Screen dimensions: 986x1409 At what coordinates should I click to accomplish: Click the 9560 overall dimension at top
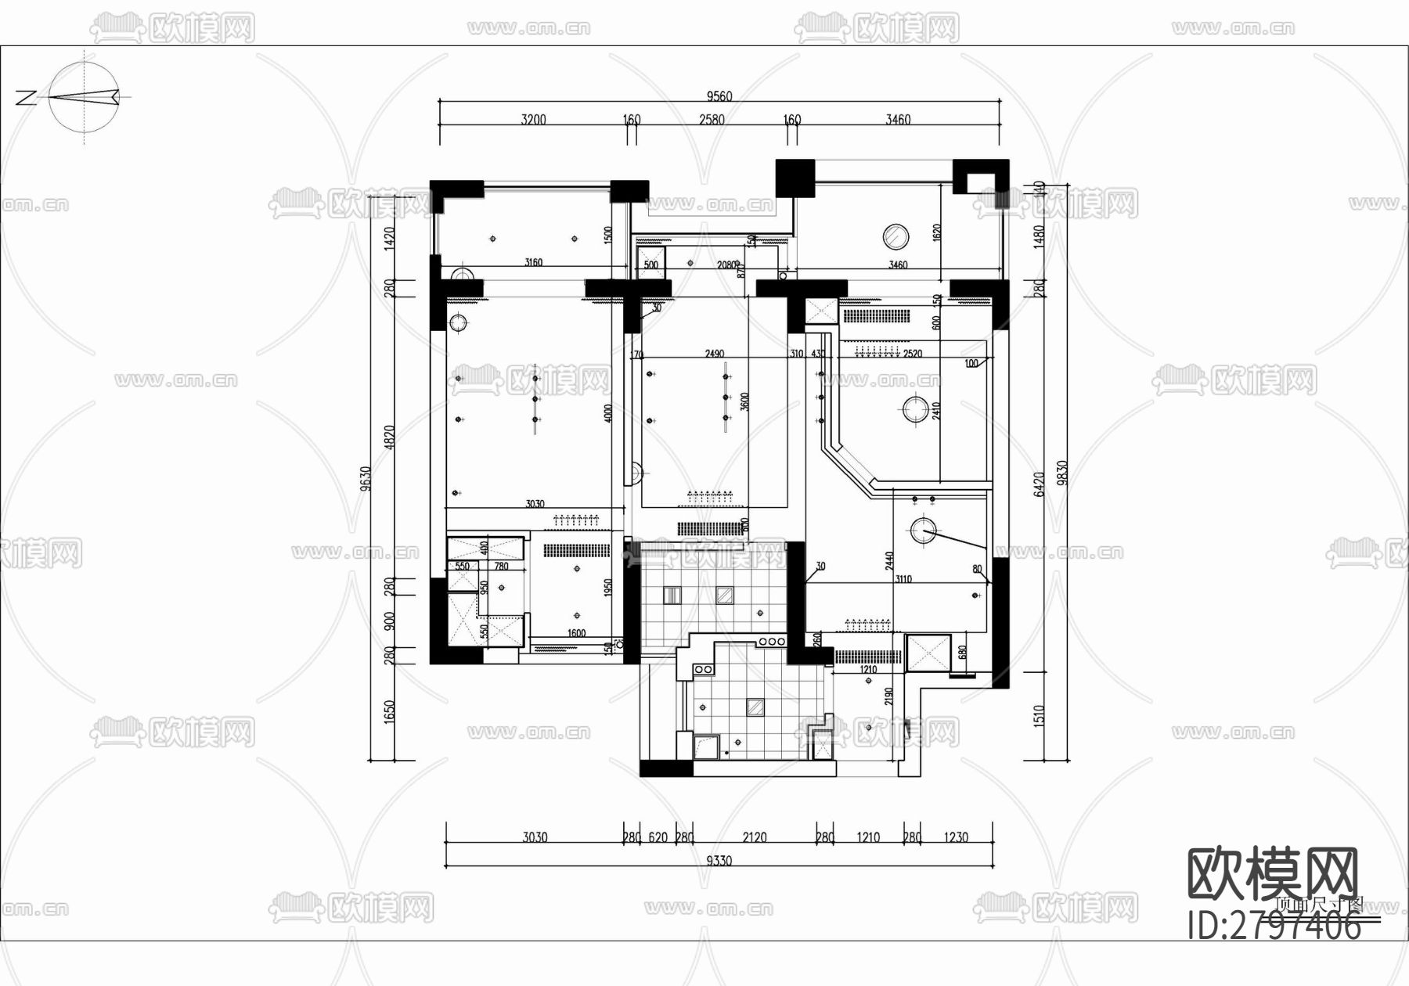click(719, 96)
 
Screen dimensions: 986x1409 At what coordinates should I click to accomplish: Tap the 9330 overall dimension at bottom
click(719, 861)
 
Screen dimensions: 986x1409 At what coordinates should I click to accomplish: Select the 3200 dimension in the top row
click(533, 120)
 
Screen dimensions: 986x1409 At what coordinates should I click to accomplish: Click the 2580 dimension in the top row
click(711, 120)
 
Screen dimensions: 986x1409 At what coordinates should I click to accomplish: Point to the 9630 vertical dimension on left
click(366, 479)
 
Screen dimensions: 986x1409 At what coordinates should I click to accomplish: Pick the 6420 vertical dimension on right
click(1040, 484)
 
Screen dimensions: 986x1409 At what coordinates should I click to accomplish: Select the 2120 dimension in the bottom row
click(754, 837)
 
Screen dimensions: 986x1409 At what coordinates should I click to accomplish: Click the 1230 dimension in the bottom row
click(955, 837)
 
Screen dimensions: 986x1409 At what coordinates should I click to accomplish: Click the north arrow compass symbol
click(85, 97)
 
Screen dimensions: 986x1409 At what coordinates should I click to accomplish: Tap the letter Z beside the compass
click(26, 98)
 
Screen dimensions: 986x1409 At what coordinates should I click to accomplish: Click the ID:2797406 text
click(1274, 927)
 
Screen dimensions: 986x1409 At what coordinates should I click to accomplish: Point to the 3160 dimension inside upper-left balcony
click(533, 262)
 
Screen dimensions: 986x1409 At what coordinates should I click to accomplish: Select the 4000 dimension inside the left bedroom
click(608, 413)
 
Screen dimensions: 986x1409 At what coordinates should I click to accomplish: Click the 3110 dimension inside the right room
click(903, 579)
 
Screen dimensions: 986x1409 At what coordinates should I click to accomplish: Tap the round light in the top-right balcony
click(895, 236)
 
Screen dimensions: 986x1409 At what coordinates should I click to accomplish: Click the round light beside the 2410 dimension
click(914, 408)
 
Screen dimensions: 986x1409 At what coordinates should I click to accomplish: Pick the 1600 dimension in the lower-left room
click(576, 633)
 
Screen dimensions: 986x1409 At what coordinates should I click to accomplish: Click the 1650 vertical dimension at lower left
click(389, 712)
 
